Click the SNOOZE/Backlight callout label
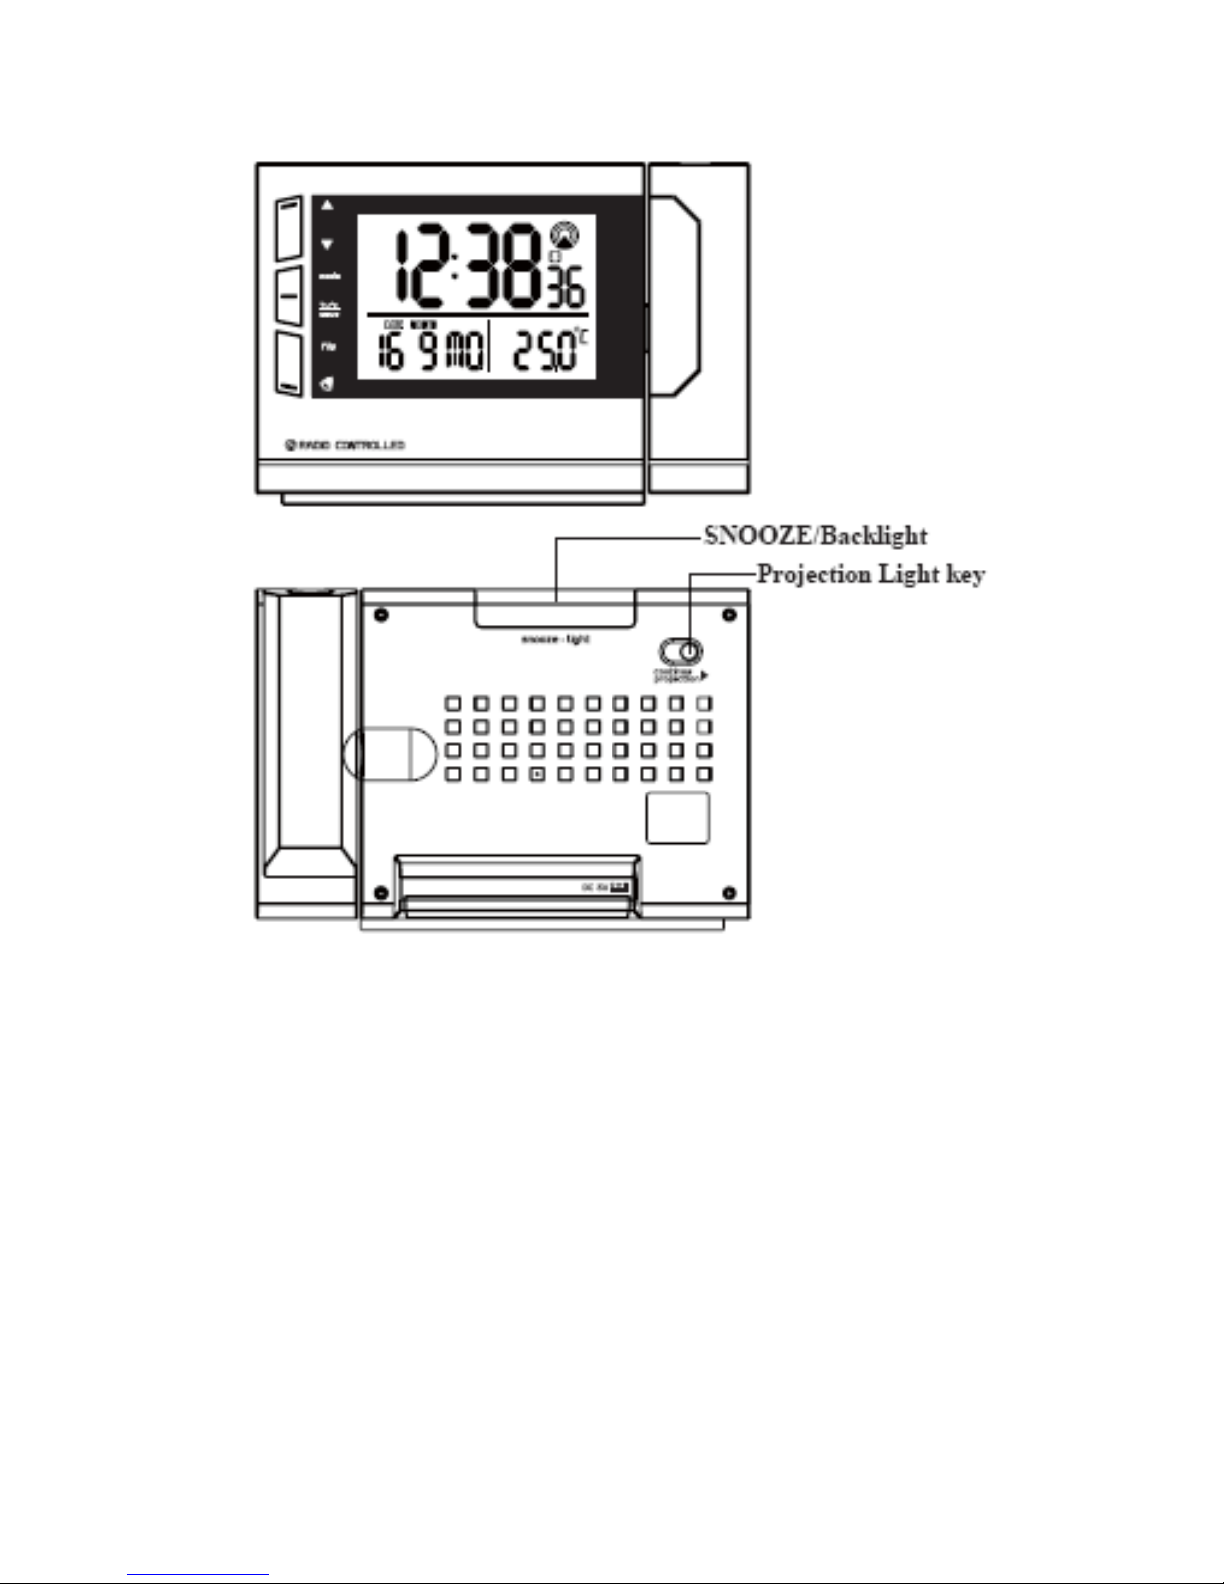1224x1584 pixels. click(x=815, y=536)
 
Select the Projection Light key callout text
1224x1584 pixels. click(x=870, y=575)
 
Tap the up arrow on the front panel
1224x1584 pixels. click(x=326, y=205)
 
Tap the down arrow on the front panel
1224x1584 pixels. click(x=326, y=244)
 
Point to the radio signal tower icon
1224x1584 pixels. click(x=563, y=236)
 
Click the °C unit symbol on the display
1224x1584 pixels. click(x=582, y=338)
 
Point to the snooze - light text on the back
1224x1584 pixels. click(x=555, y=639)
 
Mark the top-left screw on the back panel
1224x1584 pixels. click(x=380, y=611)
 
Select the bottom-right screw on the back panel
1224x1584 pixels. click(x=728, y=891)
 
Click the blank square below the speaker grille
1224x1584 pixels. click(x=677, y=817)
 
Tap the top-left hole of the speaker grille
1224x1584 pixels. click(x=453, y=703)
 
